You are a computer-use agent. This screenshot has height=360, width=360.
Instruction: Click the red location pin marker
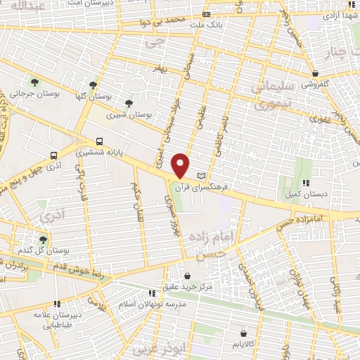[181, 165]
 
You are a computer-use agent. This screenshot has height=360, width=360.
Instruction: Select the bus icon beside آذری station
[53, 155]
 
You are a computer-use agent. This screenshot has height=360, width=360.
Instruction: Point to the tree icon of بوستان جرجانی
[34, 84]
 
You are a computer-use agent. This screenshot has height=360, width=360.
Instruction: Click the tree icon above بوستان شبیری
[128, 103]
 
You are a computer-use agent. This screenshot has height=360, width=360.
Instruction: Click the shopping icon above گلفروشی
[316, 73]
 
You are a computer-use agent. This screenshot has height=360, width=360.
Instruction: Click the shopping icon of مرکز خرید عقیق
[187, 276]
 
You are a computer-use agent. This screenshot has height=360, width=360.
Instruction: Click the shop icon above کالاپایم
[243, 333]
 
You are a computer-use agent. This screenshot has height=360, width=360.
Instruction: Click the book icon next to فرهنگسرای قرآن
[202, 174]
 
